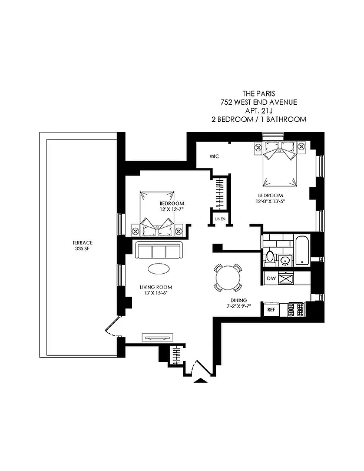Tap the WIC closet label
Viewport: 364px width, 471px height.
[x=214, y=156]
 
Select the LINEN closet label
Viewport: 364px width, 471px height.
[x=220, y=219]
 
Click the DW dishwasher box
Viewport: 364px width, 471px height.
[x=271, y=278]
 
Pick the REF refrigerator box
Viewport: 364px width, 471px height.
[x=271, y=309]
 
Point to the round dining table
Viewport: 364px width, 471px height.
[x=227, y=277]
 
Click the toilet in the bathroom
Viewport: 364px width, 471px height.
[x=270, y=256]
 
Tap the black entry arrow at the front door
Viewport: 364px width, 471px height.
[x=201, y=381]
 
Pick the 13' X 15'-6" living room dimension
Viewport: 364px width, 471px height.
[x=154, y=293]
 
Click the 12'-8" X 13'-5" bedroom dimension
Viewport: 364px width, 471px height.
[x=270, y=201]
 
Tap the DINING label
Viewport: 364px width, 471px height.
[x=239, y=299]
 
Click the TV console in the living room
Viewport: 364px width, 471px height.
[x=158, y=338]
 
